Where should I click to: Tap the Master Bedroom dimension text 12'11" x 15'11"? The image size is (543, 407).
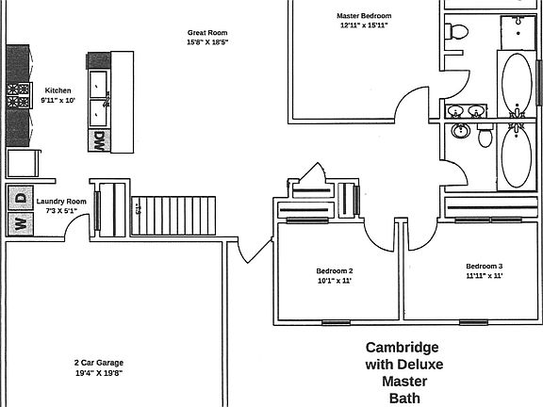(x=363, y=25)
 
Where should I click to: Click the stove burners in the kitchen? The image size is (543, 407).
(x=18, y=95)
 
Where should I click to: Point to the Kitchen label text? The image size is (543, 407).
(x=58, y=90)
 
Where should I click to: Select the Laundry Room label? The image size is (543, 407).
(x=61, y=202)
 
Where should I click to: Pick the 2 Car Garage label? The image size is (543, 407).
(x=98, y=363)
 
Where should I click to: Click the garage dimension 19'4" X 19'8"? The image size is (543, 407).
(x=98, y=373)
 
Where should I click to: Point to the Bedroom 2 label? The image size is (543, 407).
(x=334, y=270)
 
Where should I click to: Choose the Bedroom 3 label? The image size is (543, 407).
(x=484, y=266)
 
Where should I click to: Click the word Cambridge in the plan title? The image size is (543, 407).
(x=403, y=347)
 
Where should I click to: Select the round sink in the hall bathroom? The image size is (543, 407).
(x=461, y=130)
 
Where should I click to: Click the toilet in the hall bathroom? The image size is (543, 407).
(x=485, y=138)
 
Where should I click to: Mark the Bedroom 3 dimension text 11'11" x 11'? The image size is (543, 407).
(x=484, y=276)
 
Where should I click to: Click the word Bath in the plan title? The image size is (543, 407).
(x=403, y=398)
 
